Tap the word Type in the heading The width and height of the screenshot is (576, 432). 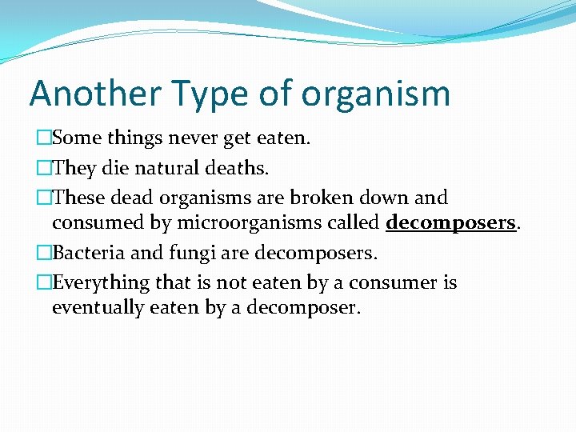(210, 94)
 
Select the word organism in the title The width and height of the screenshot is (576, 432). (376, 94)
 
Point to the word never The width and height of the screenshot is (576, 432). (191, 138)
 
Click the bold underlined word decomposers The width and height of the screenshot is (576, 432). (450, 222)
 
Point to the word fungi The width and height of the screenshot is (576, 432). (186, 254)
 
